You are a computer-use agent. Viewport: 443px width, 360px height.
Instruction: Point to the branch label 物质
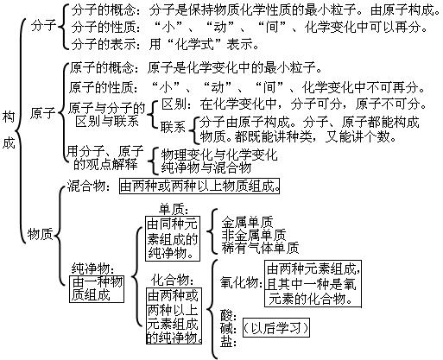[40, 232]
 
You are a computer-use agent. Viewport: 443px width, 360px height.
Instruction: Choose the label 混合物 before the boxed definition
[90, 186]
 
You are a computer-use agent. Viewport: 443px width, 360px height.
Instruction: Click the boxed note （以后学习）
[275, 328]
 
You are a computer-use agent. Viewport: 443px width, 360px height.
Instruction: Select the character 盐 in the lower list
[227, 343]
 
